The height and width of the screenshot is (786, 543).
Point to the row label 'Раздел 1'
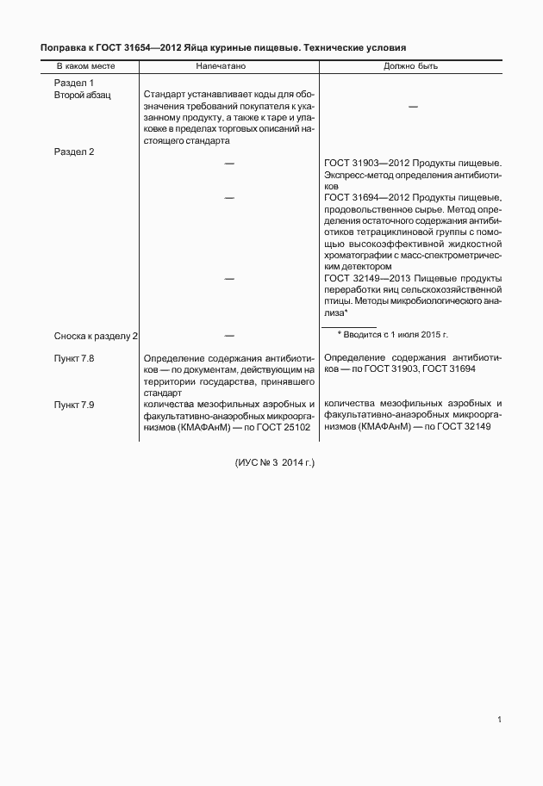pos(74,82)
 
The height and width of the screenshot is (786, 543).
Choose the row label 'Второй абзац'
pos(83,94)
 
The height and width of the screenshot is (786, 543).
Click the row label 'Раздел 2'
pos(74,152)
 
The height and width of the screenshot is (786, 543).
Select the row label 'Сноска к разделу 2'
pos(97,334)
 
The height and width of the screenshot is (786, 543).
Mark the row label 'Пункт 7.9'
pos(74,404)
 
